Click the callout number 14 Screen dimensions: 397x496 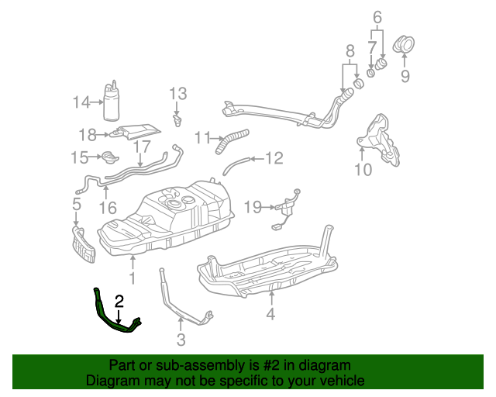point(81,102)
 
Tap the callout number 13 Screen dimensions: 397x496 point(178,94)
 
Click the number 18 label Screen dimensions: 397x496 point(88,133)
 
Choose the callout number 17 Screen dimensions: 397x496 point(142,146)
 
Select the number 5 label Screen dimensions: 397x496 point(76,205)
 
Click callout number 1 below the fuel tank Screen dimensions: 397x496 point(132,277)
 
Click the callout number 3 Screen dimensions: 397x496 point(181,339)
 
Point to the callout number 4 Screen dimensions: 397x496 point(270,314)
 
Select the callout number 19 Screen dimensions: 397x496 point(253,207)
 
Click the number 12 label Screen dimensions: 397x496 point(274,159)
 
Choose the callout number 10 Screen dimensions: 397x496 point(363,168)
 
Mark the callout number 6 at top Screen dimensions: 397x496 point(377,16)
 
